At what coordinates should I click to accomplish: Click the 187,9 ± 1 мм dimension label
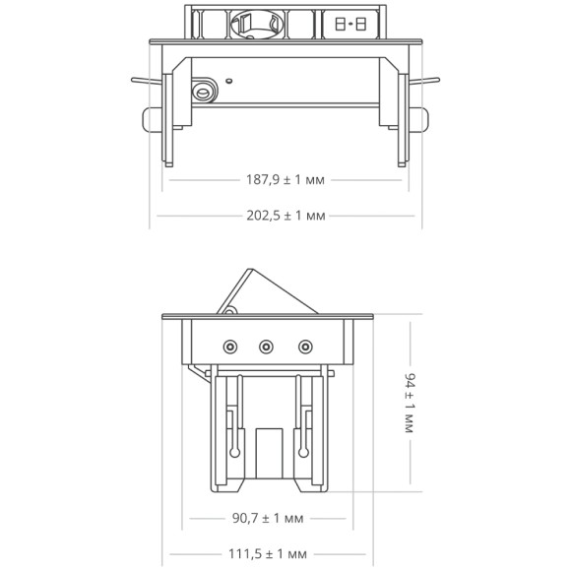[x=285, y=180]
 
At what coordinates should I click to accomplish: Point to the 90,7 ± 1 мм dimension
[x=268, y=517]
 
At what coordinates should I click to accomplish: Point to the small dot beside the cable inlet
[x=228, y=80]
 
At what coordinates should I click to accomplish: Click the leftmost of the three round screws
[x=230, y=347]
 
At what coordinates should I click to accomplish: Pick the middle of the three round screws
[x=266, y=347]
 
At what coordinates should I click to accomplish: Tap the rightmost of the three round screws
[x=304, y=347]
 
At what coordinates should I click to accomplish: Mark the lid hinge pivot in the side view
[x=228, y=312]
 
